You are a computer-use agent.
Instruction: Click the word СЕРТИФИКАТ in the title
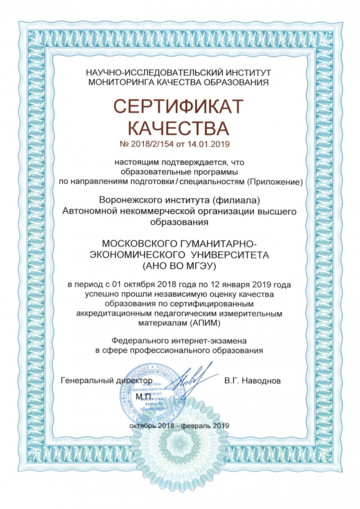[x=180, y=107]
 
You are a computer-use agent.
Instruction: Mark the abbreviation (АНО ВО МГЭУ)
[x=179, y=265]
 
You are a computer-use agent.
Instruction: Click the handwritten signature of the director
[x=193, y=377]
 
